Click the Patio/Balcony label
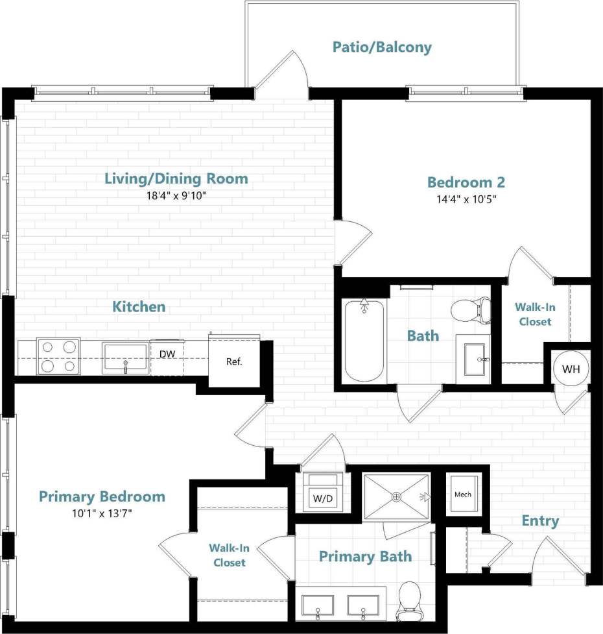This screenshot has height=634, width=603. [382, 47]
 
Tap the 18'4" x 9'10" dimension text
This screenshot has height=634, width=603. [176, 194]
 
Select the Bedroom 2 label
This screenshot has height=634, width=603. [466, 182]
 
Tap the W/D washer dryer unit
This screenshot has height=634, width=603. [323, 494]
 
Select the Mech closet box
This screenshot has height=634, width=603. [462, 494]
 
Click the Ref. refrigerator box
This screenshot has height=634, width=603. [233, 361]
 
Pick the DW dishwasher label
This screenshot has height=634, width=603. [167, 354]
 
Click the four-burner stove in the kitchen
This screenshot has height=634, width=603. [58, 356]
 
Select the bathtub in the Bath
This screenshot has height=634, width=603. [364, 340]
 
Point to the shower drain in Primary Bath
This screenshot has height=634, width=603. [396, 496]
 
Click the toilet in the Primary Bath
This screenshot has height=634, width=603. [409, 600]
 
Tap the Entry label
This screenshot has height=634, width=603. [540, 521]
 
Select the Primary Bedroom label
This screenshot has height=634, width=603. [102, 497]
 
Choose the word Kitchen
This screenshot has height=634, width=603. [139, 306]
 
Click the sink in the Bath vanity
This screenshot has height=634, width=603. [477, 359]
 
